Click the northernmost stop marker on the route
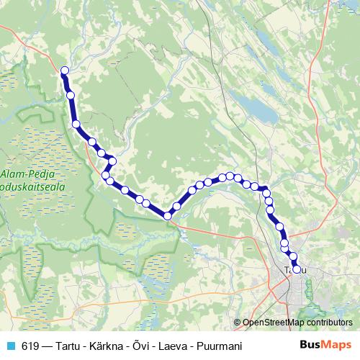click(64, 71)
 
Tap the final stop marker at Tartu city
click(295, 269)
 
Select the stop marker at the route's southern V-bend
click(167, 215)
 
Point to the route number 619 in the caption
click(30, 346)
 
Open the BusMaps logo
click(325, 345)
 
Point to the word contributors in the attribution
click(330, 323)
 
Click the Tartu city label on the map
click(292, 269)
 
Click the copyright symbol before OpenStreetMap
click(237, 323)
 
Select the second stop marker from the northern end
click(71, 95)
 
